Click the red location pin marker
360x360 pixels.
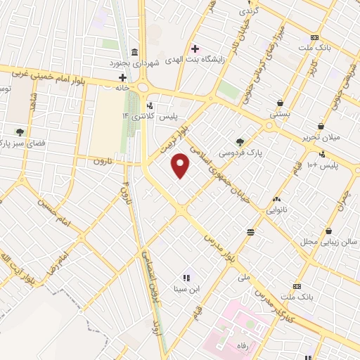pos(181,165)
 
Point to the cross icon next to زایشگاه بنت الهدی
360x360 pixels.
pos(195,49)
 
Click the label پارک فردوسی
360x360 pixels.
pos(235,152)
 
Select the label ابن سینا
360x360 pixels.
pos(187,288)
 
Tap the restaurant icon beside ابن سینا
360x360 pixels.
pos(187,277)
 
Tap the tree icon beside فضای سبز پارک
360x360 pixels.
pos(20,131)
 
